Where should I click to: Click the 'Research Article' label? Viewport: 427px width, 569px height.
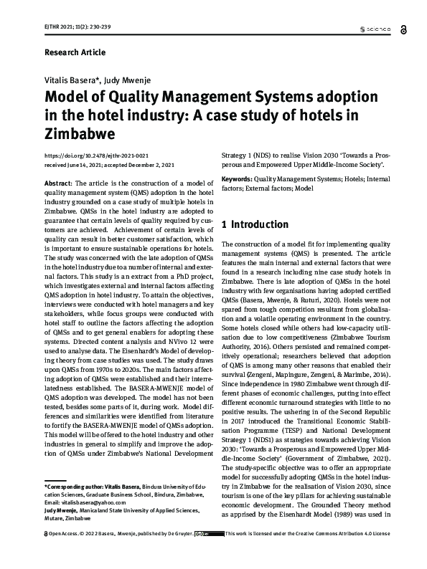point(75,52)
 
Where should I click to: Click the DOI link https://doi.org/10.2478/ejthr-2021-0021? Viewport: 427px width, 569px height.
point(96,155)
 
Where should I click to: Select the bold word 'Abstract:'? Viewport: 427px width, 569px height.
point(58,185)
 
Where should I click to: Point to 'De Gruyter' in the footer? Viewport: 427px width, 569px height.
point(173,554)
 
